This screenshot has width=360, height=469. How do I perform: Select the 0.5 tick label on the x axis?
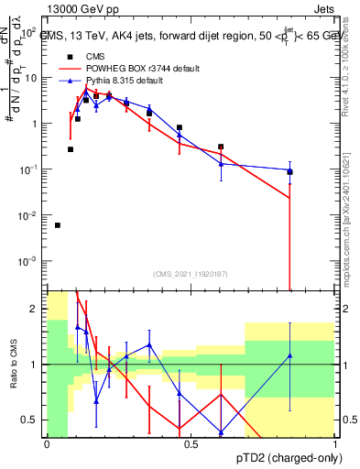point(190,443)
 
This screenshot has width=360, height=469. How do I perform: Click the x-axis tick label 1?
point(334,443)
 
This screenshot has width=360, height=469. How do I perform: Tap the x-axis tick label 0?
point(46,443)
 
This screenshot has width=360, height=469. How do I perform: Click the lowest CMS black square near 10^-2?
point(58,225)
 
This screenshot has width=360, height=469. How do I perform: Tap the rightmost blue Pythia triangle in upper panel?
point(289,170)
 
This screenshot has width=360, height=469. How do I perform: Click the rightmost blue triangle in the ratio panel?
point(289,355)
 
